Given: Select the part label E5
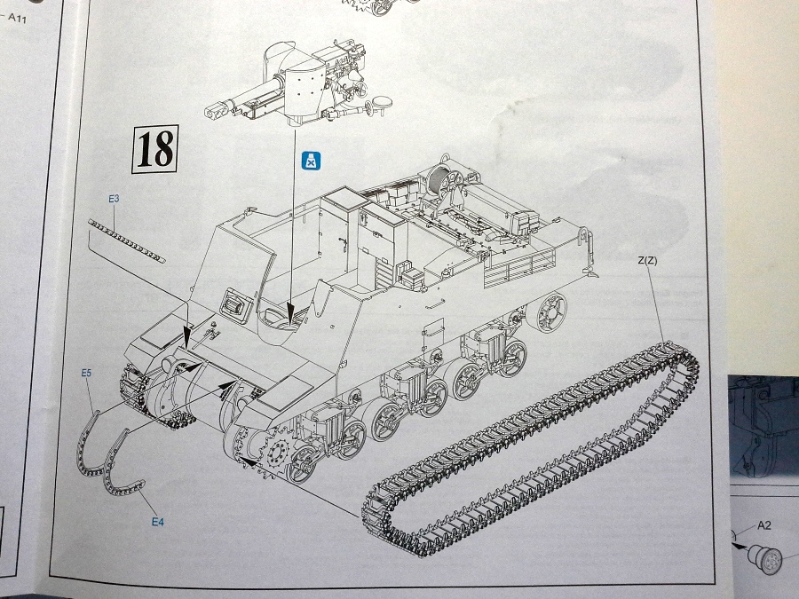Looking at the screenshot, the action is point(86,374).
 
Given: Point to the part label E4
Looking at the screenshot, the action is point(157,522).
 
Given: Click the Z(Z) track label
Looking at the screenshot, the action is point(647,261).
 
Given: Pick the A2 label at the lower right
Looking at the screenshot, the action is point(763,525).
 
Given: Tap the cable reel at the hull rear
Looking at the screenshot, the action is point(441,184).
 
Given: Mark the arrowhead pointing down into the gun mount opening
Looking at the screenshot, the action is point(293,311).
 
